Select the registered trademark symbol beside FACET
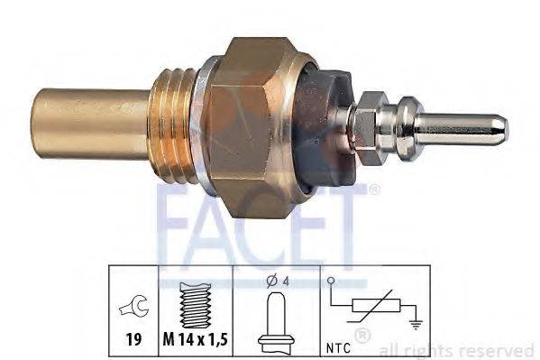[x=375, y=189]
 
